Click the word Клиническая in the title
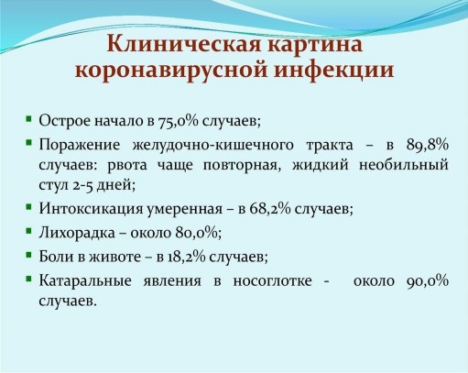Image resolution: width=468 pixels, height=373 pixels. click(x=184, y=44)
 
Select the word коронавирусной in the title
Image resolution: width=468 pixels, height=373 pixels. click(x=171, y=71)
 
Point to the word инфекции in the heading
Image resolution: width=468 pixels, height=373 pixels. click(x=333, y=70)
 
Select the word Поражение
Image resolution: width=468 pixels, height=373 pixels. click(x=80, y=145)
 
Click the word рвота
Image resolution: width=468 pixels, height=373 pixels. click(x=127, y=165)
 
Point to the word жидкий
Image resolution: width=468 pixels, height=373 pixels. click(x=320, y=165)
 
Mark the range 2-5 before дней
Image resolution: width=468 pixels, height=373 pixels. click(x=82, y=185)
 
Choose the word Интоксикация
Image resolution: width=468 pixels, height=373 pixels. click(x=91, y=209)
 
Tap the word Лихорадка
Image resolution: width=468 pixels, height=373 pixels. click(x=77, y=233)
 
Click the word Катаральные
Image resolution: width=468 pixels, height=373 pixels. click(x=85, y=280)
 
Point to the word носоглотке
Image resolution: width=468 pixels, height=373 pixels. click(x=272, y=280)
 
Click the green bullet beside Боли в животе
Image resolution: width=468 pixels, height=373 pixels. click(x=29, y=255)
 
